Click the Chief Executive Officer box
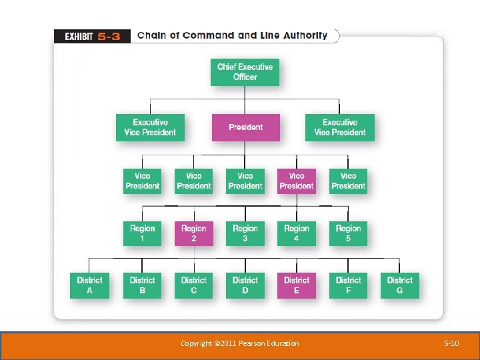coord(245,72)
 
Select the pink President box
coord(245,127)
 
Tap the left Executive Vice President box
coord(150,127)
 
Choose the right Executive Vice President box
coord(340,127)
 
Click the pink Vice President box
coord(297,181)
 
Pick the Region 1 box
coord(142,233)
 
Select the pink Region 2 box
coord(193,233)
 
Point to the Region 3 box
coord(245,233)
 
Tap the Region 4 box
coord(297,233)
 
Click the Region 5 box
coord(348,233)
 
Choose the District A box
coord(89,285)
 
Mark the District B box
coord(142,285)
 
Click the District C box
coord(193,285)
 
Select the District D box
coord(245,285)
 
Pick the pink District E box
coord(297,285)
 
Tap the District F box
coord(348,285)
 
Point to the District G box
coord(399,285)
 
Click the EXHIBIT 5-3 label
coord(92,36)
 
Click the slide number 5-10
coord(451,343)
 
